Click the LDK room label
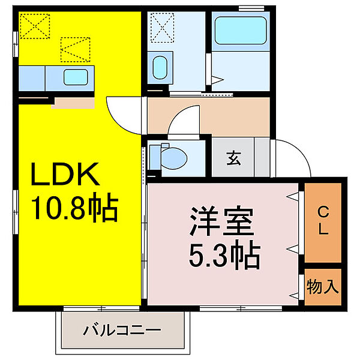point(65,176)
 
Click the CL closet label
point(323,220)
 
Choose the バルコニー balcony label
point(122,329)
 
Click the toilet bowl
point(174,157)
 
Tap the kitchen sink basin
point(75,77)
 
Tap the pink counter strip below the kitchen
point(73,103)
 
